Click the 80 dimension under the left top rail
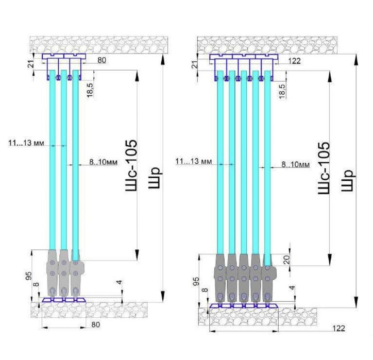coord(101,60)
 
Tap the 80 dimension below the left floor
coord(96,324)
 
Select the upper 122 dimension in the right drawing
coord(295,61)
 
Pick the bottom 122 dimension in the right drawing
coord(339,329)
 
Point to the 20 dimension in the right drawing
coord(287,260)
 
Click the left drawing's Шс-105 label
coord(131,165)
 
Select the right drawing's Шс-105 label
coord(324,168)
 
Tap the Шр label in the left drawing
coord(155,178)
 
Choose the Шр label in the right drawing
coord(348,180)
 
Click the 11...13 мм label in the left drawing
coord(26,143)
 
